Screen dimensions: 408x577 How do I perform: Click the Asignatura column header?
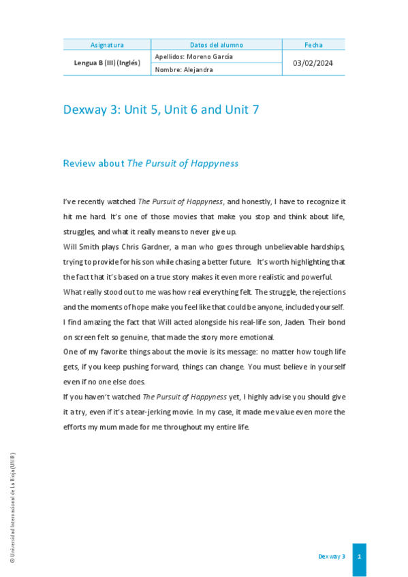click(x=107, y=45)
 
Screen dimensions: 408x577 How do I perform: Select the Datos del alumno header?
click(x=216, y=45)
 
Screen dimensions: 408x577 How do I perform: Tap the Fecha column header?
click(x=313, y=45)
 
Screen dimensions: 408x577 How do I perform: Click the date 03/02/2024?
click(x=313, y=63)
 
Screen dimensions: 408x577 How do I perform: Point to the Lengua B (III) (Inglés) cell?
click(x=107, y=63)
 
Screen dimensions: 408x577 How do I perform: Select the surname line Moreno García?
click(x=194, y=56)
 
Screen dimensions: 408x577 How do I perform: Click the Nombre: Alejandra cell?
click(x=184, y=69)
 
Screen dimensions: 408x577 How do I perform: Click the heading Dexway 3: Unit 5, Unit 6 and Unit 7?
click(x=161, y=110)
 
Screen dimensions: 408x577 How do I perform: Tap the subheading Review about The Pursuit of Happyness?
click(x=151, y=163)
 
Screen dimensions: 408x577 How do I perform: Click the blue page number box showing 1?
click(x=359, y=557)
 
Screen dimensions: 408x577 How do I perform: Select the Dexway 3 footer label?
click(x=332, y=557)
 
